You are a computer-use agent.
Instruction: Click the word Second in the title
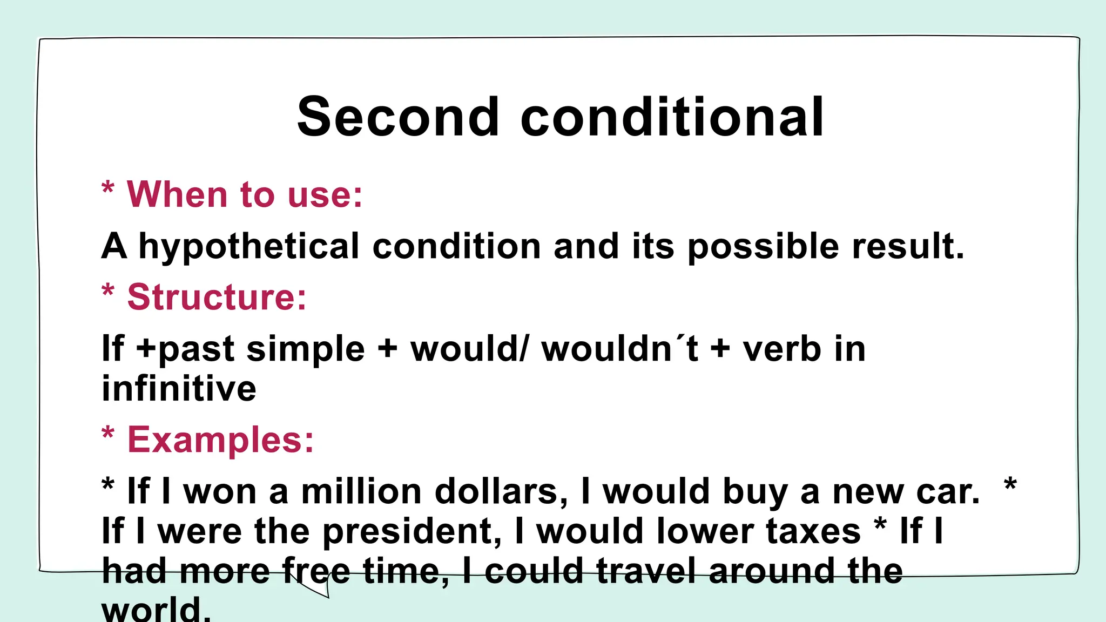(398, 117)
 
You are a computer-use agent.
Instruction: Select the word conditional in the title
(672, 117)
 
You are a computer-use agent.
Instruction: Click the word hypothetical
(249, 247)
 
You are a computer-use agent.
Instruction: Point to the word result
(907, 247)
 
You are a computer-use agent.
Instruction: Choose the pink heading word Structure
(216, 297)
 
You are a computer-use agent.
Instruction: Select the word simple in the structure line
(306, 349)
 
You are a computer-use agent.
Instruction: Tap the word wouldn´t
(620, 349)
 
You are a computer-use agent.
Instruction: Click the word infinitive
(179, 389)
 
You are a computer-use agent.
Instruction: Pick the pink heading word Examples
(220, 440)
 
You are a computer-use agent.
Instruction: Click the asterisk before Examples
(108, 433)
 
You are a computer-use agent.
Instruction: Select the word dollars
(501, 492)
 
